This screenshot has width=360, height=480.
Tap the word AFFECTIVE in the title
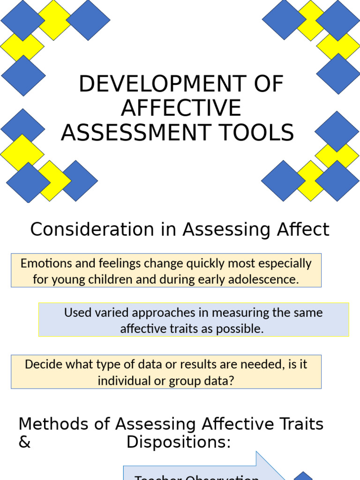pos(181,108)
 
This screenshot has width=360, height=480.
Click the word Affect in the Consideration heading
pos(302,230)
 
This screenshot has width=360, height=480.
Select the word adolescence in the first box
pos(268,280)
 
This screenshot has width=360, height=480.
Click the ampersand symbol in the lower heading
pos(24,442)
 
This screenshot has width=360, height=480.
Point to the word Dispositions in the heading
pos(178,442)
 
